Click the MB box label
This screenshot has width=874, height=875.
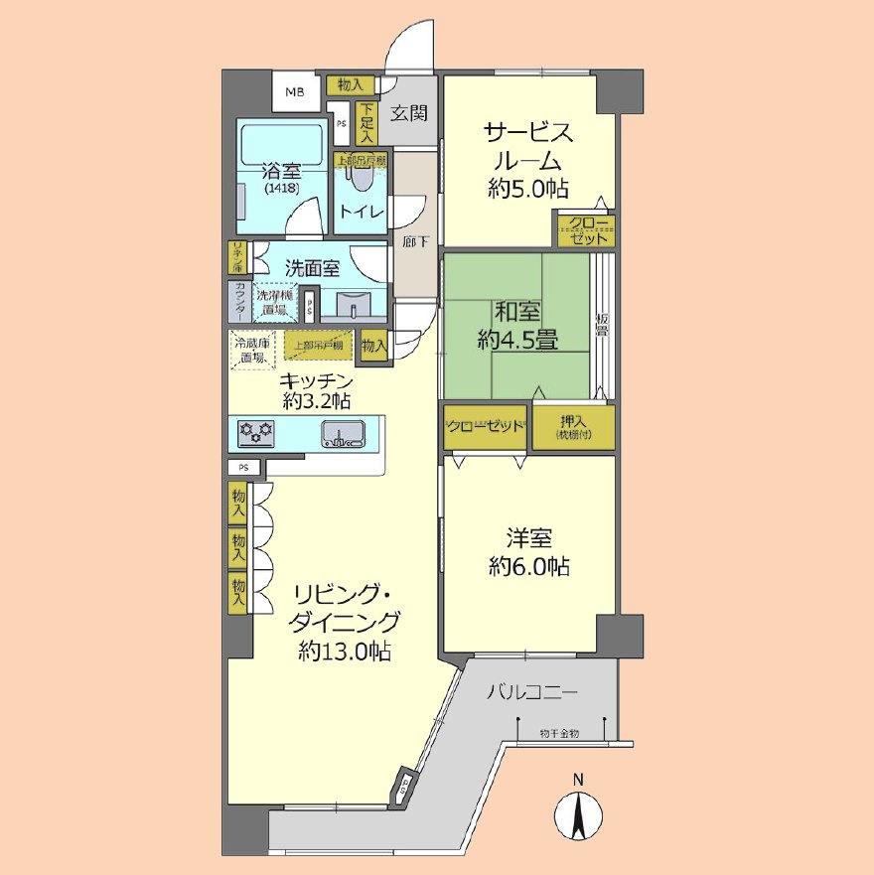(x=296, y=93)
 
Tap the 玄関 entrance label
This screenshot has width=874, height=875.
(x=407, y=113)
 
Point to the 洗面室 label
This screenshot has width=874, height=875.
(x=312, y=267)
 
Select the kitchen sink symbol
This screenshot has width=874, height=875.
(x=342, y=433)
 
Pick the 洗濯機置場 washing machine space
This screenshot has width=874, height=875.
(x=271, y=302)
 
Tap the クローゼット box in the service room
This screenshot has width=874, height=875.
(x=585, y=231)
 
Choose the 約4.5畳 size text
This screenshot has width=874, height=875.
(x=516, y=340)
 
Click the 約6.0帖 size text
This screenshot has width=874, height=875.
(x=528, y=567)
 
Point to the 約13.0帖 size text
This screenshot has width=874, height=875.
(x=345, y=652)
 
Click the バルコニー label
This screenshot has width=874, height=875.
(x=531, y=692)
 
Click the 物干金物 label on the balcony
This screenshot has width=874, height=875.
(x=559, y=733)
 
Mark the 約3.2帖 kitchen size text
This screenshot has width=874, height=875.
(x=316, y=401)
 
